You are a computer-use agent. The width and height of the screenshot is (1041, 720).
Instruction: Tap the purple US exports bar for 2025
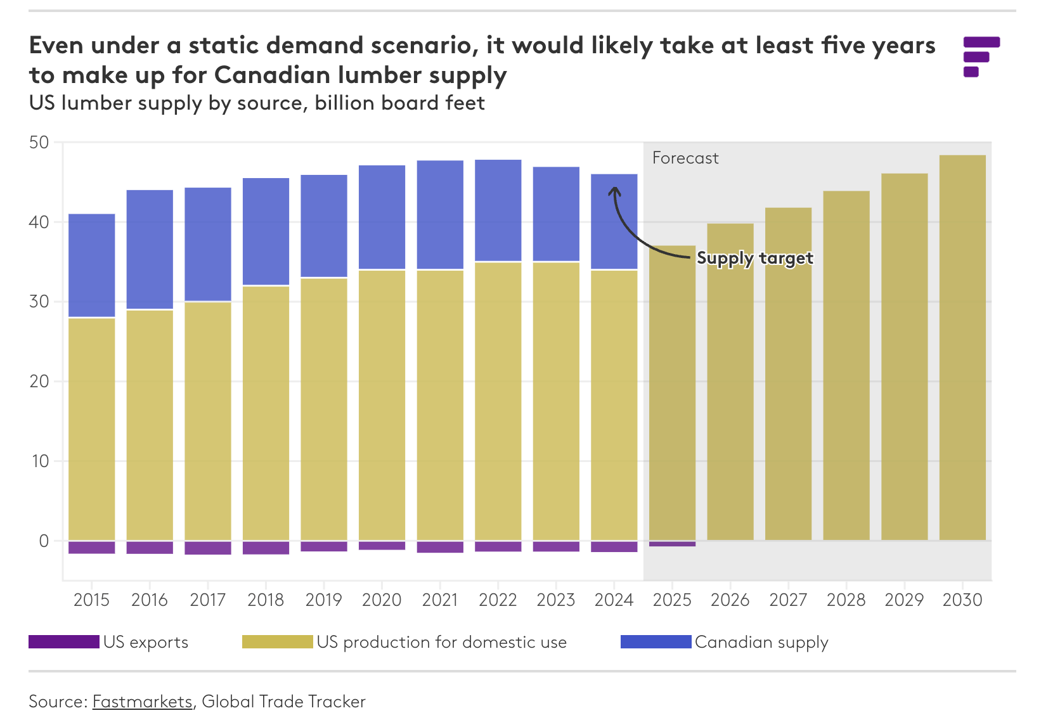pyautogui.click(x=672, y=544)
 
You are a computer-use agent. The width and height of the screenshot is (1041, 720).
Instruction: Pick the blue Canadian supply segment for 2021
pyautogui.click(x=440, y=215)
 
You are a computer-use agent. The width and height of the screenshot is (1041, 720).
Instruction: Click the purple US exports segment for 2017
pyautogui.click(x=208, y=548)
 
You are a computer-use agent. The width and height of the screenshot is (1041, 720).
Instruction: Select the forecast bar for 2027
pyautogui.click(x=788, y=374)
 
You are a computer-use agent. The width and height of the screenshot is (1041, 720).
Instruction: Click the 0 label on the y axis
pyautogui.click(x=44, y=541)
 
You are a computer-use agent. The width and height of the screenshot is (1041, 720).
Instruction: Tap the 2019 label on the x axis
pyautogui.click(x=323, y=600)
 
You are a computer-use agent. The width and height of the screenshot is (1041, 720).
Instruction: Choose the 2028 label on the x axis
pyautogui.click(x=846, y=600)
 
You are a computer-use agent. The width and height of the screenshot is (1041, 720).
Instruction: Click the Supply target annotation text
pyautogui.click(x=754, y=258)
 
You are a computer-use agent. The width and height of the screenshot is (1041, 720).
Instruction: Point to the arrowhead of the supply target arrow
pyautogui.click(x=614, y=190)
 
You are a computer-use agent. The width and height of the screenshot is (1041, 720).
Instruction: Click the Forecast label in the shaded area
pyautogui.click(x=685, y=158)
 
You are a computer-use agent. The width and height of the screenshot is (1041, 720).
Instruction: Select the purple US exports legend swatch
pyautogui.click(x=63, y=642)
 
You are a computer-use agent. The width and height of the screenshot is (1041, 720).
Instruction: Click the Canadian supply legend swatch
pyautogui.click(x=656, y=642)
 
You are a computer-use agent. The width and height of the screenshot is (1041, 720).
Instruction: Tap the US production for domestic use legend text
pyautogui.click(x=441, y=642)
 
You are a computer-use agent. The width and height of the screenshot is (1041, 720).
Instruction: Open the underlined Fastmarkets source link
pyautogui.click(x=142, y=702)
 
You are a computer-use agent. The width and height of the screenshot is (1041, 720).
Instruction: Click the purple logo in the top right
pyautogui.click(x=981, y=56)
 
